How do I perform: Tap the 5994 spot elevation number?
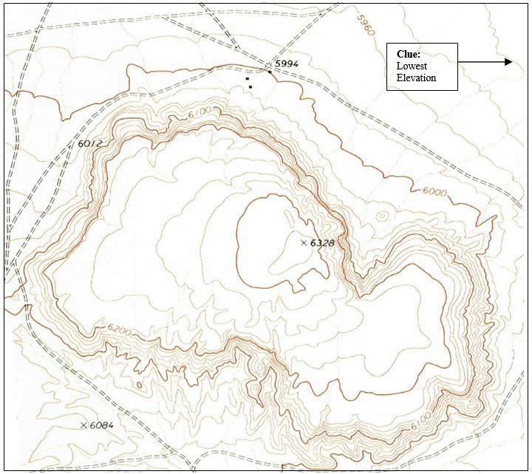point(286,64)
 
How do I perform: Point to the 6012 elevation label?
point(89,143)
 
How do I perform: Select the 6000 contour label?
point(434,191)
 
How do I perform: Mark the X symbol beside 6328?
point(304,242)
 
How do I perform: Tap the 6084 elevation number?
point(102,425)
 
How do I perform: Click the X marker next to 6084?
point(83,425)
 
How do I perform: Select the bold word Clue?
point(409,54)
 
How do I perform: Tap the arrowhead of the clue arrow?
point(508,62)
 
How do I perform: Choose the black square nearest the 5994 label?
point(248,78)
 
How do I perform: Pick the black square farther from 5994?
point(250,87)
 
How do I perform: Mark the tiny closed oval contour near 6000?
point(381,216)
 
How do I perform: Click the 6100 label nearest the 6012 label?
point(200,111)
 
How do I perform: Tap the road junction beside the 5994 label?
point(270,72)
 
